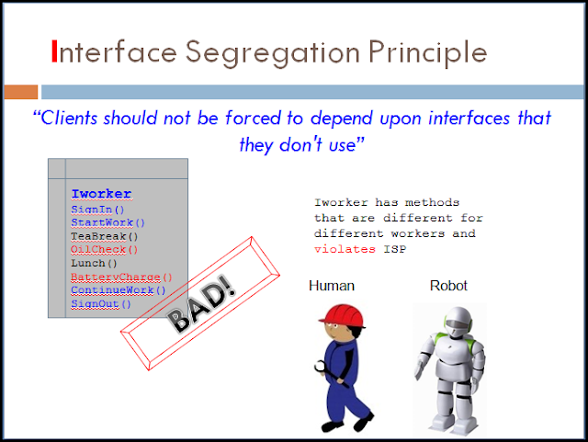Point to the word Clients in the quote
(x=74, y=119)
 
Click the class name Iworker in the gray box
(x=101, y=194)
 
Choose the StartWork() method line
(x=107, y=222)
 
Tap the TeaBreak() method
(x=105, y=235)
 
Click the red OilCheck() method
(x=105, y=249)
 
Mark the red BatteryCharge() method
(x=121, y=277)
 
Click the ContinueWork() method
(x=118, y=290)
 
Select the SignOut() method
(x=101, y=303)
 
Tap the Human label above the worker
(x=331, y=286)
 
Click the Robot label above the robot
(x=448, y=286)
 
